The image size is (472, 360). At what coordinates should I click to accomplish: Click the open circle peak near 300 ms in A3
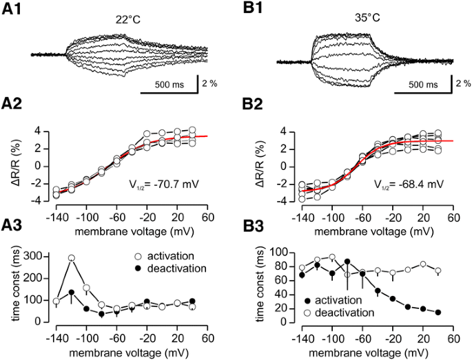(x=71, y=258)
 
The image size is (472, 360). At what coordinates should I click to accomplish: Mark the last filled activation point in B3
(x=439, y=312)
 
